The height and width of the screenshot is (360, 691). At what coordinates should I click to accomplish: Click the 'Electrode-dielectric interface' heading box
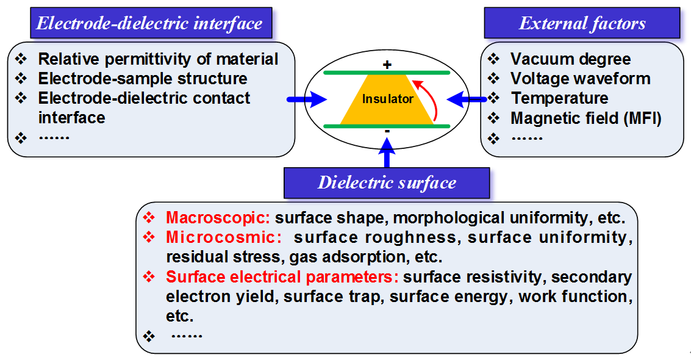click(150, 24)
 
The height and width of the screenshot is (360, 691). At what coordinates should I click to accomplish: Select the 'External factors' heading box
click(582, 24)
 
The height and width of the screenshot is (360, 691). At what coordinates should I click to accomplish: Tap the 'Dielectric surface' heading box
click(387, 182)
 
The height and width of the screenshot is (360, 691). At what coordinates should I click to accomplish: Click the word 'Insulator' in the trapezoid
click(387, 99)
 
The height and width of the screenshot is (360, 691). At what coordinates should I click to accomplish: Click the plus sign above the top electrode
click(386, 64)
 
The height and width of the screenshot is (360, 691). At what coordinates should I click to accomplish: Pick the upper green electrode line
click(387, 73)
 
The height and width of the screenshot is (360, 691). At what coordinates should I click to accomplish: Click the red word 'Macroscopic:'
click(218, 218)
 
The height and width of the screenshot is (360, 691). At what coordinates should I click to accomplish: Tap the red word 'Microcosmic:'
click(223, 237)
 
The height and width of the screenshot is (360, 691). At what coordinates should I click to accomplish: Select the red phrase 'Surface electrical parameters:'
click(282, 277)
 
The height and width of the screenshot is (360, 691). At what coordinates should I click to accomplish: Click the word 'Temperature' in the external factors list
click(559, 98)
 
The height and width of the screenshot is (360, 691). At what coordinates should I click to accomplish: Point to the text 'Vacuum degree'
click(570, 59)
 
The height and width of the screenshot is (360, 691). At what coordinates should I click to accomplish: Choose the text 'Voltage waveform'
click(580, 79)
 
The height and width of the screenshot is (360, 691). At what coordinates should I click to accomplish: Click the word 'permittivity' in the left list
click(149, 59)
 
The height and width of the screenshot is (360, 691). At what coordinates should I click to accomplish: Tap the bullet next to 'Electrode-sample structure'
click(21, 79)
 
